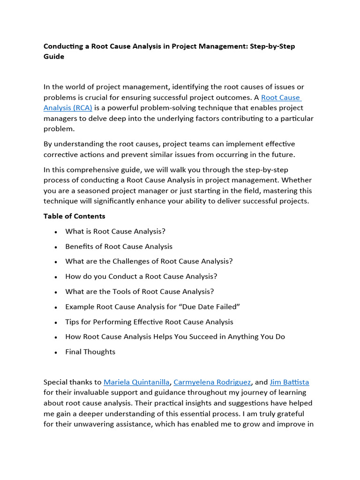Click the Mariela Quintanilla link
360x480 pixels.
click(136, 382)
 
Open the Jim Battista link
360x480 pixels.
click(289, 382)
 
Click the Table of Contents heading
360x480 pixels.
click(75, 216)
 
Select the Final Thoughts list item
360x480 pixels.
click(90, 352)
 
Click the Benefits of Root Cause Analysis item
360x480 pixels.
click(119, 246)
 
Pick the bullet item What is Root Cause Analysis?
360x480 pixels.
click(115, 231)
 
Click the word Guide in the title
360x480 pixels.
click(54, 57)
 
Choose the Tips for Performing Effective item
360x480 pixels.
click(149, 322)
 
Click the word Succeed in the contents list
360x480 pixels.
click(192, 337)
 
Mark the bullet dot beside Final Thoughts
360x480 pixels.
click(56, 352)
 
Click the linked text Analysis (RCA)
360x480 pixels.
click(67, 107)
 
